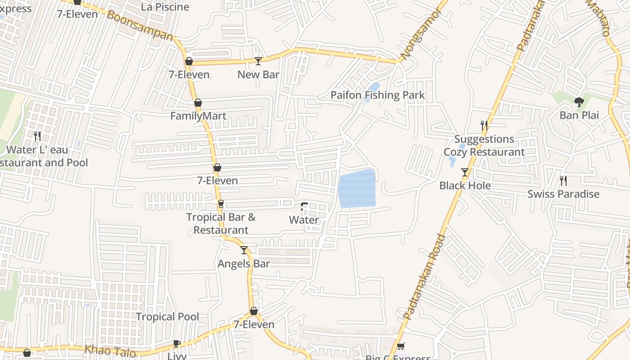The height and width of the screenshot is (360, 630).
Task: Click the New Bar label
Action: [258, 75]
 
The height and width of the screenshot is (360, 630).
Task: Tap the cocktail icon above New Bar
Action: [258, 61]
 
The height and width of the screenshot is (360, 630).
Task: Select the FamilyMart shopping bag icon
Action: [198, 103]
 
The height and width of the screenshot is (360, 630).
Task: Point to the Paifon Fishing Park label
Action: [378, 95]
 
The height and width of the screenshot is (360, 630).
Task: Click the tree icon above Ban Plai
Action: [579, 102]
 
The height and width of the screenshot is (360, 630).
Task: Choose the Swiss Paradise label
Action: [563, 194]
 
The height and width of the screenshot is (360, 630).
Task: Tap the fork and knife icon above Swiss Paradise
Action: [563, 181]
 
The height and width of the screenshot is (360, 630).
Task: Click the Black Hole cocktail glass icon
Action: [465, 172]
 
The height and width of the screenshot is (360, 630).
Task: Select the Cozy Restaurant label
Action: [484, 152]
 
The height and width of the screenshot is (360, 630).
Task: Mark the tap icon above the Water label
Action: [304, 207]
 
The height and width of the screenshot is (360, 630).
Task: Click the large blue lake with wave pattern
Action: [357, 189]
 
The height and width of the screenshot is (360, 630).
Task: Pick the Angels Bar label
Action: [244, 264]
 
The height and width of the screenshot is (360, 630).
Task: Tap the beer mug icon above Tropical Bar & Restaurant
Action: [220, 204]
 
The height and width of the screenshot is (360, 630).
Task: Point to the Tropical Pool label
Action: [167, 317]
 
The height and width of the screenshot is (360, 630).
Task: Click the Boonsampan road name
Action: [139, 26]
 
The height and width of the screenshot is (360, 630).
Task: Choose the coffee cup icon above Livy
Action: [177, 344]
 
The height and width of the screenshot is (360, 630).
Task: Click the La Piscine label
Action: [165, 7]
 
